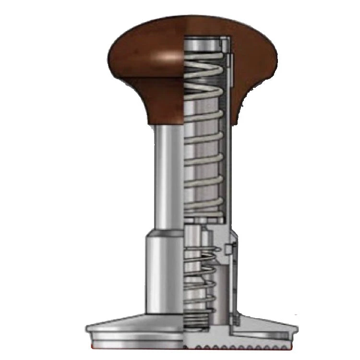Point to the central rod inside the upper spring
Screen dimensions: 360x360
pos(204,144)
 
